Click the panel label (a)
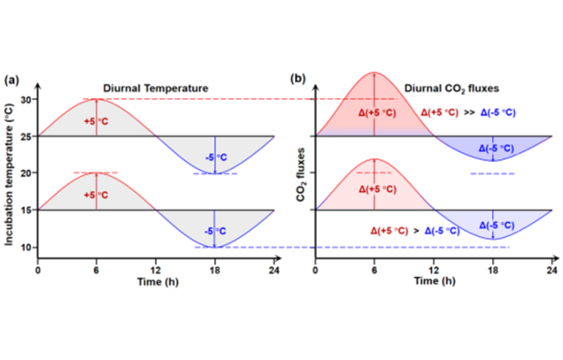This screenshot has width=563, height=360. click(12, 79)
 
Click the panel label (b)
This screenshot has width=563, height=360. click(298, 79)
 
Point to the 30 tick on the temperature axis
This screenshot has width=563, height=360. click(27, 100)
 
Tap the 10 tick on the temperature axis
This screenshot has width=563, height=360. click(27, 247)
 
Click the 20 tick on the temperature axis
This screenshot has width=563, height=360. click(27, 173)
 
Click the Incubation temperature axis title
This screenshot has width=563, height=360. click(11, 173)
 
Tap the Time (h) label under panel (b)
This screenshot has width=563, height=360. click(434, 281)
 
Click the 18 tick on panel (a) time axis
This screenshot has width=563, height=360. click(214, 268)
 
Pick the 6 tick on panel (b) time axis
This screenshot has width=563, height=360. click(374, 268)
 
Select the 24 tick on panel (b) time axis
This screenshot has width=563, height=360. click(552, 268)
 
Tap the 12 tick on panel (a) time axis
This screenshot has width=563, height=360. click(156, 268)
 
